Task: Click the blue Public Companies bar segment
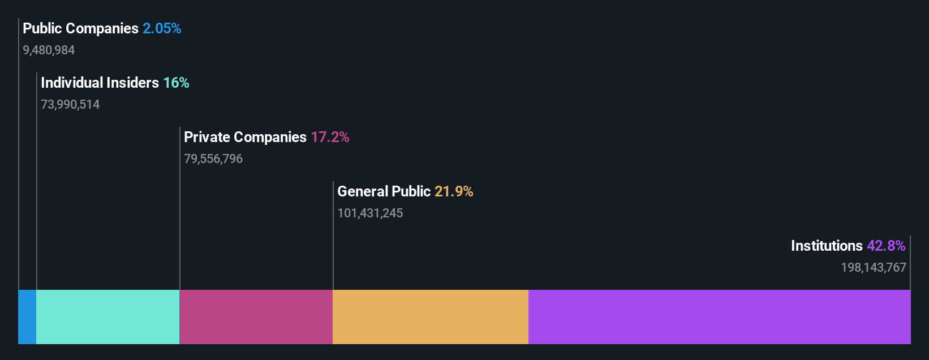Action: click(x=27, y=317)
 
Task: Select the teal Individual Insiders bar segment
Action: click(x=107, y=317)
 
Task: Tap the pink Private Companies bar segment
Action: click(x=256, y=317)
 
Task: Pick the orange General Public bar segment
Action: click(x=430, y=317)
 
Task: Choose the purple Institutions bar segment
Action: click(x=719, y=317)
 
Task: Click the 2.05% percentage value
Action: click(x=162, y=28)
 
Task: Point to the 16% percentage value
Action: click(x=176, y=83)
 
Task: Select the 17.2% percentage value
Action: click(x=330, y=137)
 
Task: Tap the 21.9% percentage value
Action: click(x=454, y=191)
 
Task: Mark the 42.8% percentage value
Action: click(x=886, y=246)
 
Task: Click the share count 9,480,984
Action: click(x=49, y=50)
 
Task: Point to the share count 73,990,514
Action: click(x=70, y=105)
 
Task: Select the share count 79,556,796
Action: click(x=213, y=159)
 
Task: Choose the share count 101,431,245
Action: click(x=370, y=213)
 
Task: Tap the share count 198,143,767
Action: click(x=874, y=268)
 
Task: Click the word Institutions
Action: click(x=827, y=246)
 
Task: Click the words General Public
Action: click(x=384, y=191)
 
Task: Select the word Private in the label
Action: click(x=207, y=137)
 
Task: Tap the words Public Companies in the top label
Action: click(x=80, y=28)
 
